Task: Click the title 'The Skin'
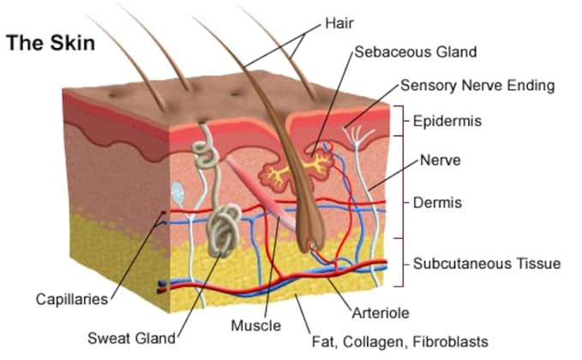tap(51, 42)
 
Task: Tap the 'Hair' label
tap(339, 23)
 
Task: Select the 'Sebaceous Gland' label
tap(416, 51)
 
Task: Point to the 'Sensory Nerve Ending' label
tap(477, 86)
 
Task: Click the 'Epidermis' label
tap(447, 121)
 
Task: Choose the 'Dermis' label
tap(437, 202)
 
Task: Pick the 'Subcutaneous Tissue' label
tap(487, 263)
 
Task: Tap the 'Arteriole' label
tap(381, 313)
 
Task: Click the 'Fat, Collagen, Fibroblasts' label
tap(399, 342)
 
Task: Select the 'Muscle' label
tap(255, 326)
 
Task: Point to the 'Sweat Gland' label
tap(131, 338)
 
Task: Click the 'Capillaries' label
tap(72, 299)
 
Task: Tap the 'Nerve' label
tap(441, 160)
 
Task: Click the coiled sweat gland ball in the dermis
tap(224, 231)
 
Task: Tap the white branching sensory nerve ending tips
tap(357, 134)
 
